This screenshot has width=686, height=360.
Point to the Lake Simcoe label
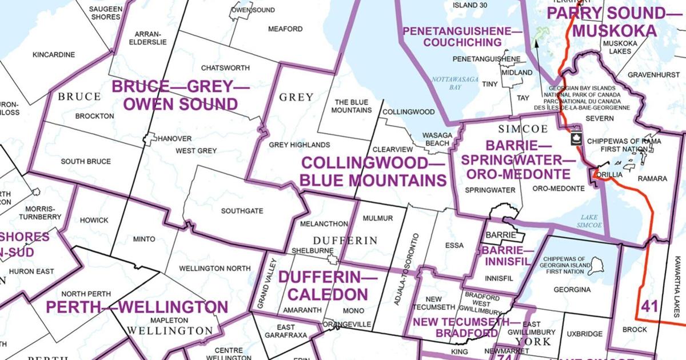point(589,221)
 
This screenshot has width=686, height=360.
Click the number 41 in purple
point(649,306)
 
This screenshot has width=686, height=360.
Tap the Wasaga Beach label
point(437,139)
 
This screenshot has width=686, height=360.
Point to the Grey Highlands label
point(300,145)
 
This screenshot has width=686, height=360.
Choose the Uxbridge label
point(585,334)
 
